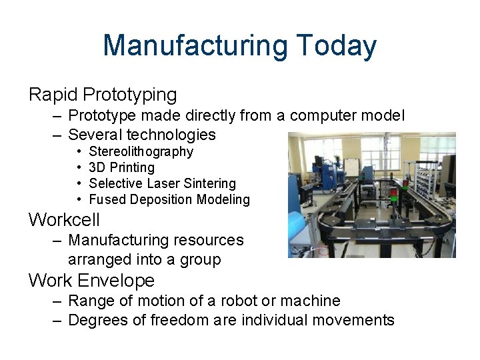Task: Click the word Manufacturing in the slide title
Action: pyautogui.click(x=195, y=46)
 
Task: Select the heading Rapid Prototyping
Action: pyautogui.click(x=103, y=95)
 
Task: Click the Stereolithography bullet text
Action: pyautogui.click(x=141, y=151)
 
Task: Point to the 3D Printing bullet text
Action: pyautogui.click(x=121, y=167)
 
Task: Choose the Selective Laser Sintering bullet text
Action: pyautogui.click(x=162, y=183)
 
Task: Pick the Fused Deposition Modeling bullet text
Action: pyautogui.click(x=169, y=199)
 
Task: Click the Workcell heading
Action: pyautogui.click(x=64, y=219)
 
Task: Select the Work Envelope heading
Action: pyautogui.click(x=91, y=280)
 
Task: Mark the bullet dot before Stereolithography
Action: pyautogui.click(x=79, y=152)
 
